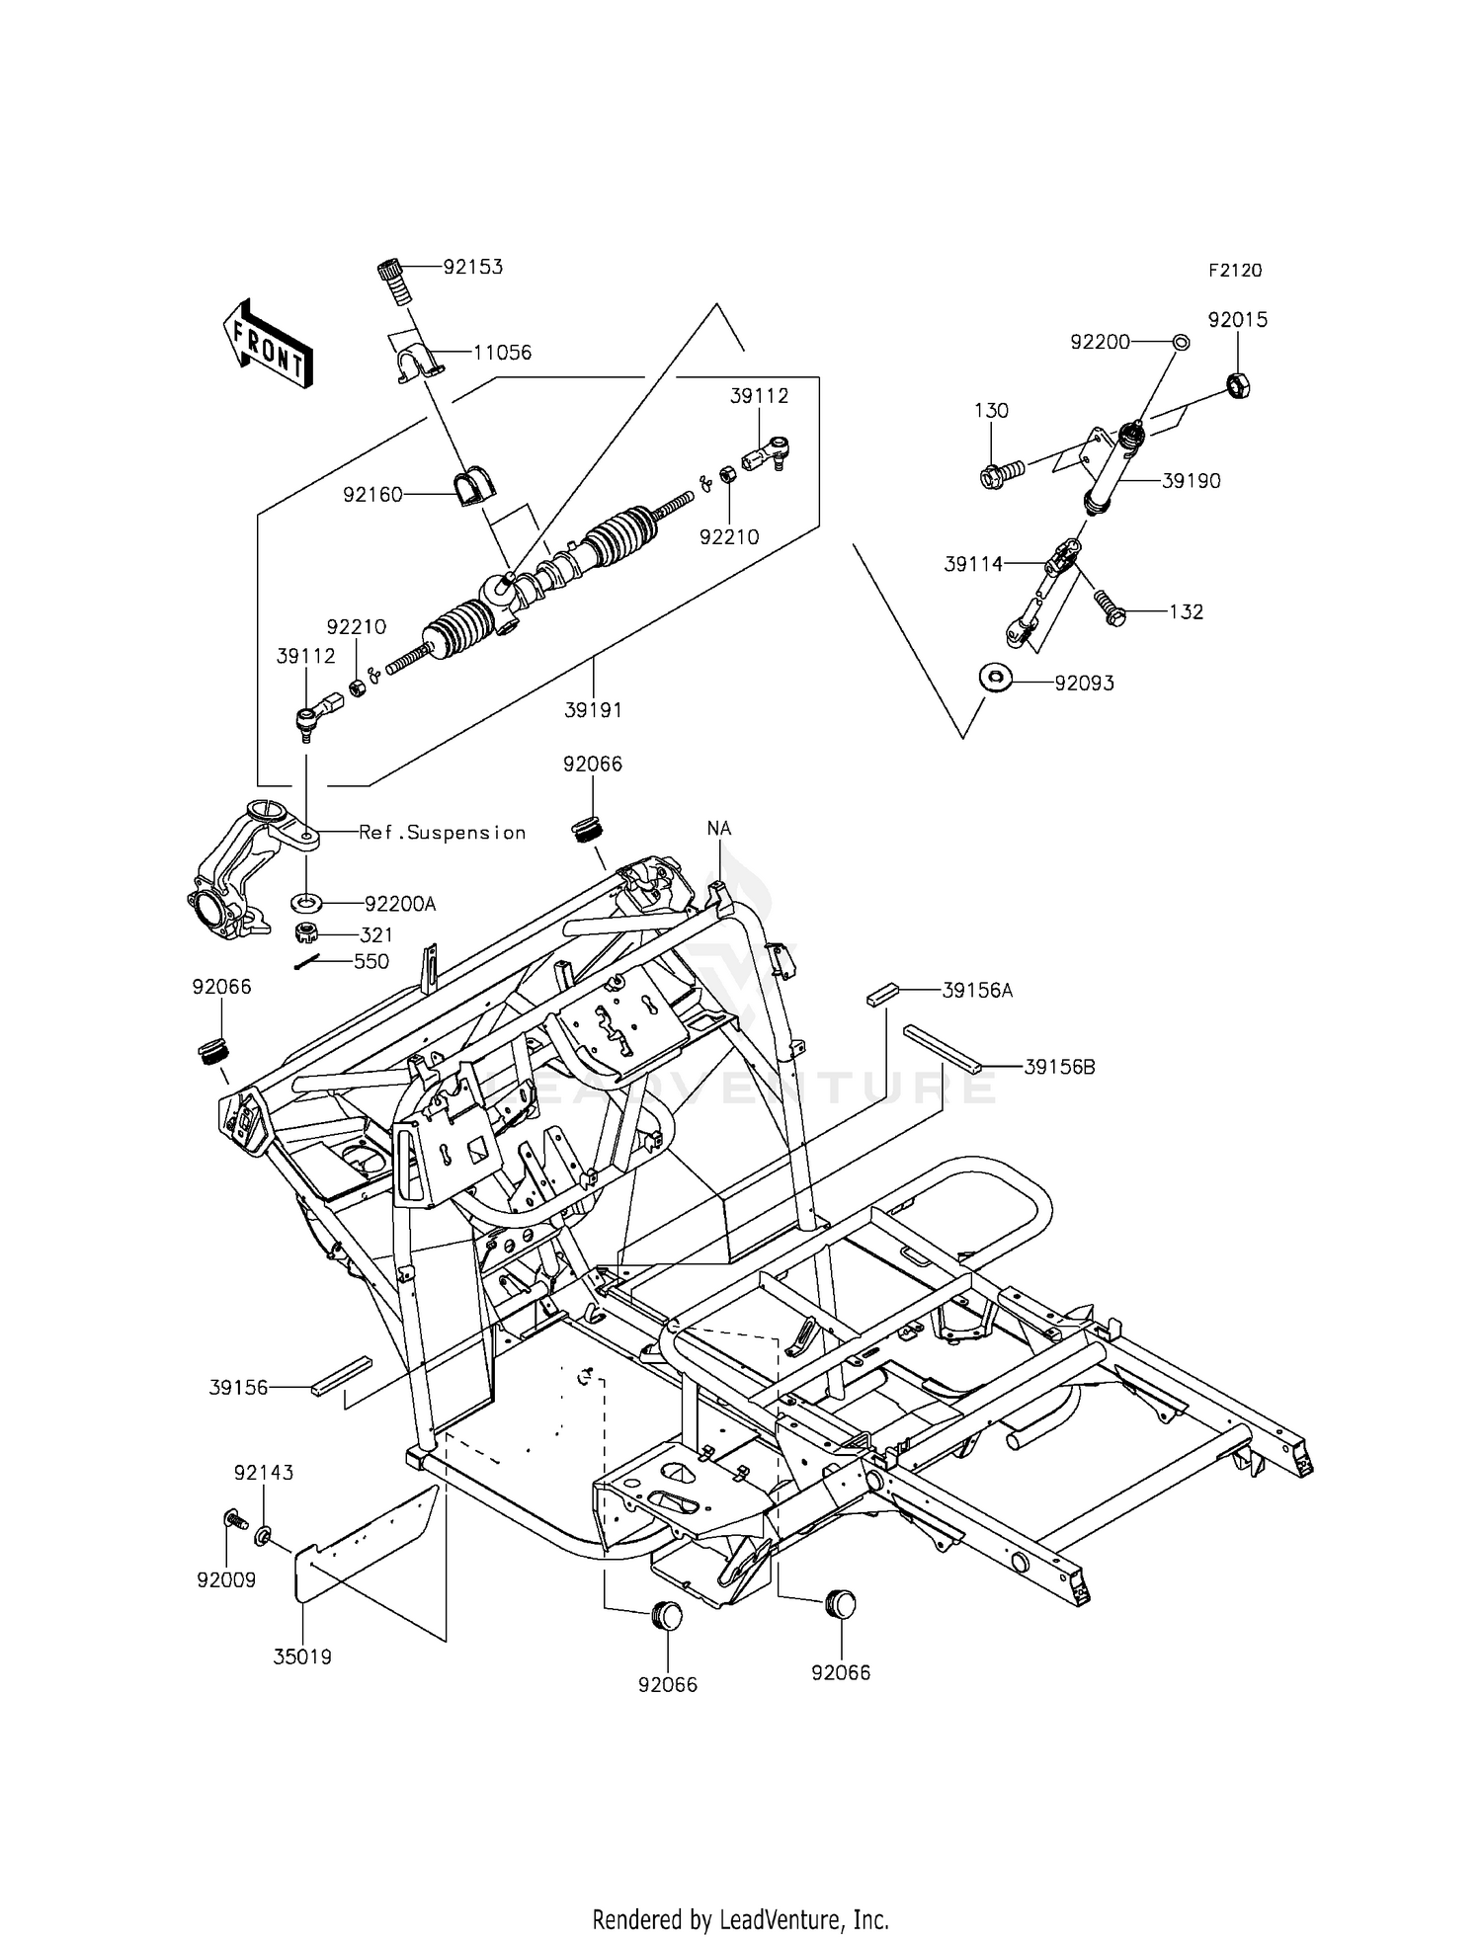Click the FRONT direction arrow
[x=268, y=343]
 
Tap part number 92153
[x=472, y=267]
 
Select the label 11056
[x=502, y=353]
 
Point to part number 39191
[x=594, y=709]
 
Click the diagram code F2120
[x=1234, y=271]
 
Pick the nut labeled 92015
[x=1239, y=383]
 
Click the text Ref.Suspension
[x=442, y=833]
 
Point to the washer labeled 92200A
[x=307, y=903]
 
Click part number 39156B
[x=1059, y=1067]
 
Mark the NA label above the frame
[x=719, y=829]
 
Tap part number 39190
[x=1191, y=481]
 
